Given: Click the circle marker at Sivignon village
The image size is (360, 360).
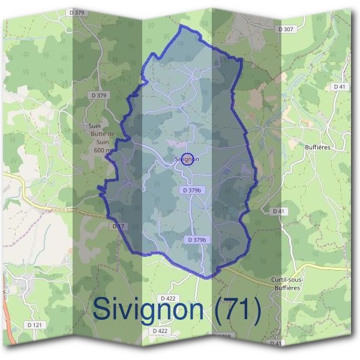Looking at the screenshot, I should click(x=187, y=159).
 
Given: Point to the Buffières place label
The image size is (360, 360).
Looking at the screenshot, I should click(x=318, y=146).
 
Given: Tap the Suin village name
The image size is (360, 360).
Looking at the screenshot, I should click(x=94, y=127).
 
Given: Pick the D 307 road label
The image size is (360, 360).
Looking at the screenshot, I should click(x=286, y=29).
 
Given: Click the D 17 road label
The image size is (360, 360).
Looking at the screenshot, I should click(x=118, y=226).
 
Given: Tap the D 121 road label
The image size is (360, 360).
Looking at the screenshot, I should click(x=35, y=325).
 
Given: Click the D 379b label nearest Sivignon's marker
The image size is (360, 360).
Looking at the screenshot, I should click(x=191, y=190).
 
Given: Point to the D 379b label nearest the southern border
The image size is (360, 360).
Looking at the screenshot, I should click(x=197, y=240).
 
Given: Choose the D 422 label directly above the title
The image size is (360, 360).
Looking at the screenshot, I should click(x=167, y=298).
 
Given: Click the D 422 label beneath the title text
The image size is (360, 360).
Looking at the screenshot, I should click(x=160, y=331).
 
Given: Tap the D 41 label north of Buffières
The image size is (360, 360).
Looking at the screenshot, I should click(x=340, y=87).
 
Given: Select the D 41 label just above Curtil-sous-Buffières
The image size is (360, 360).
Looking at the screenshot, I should click(x=278, y=211).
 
